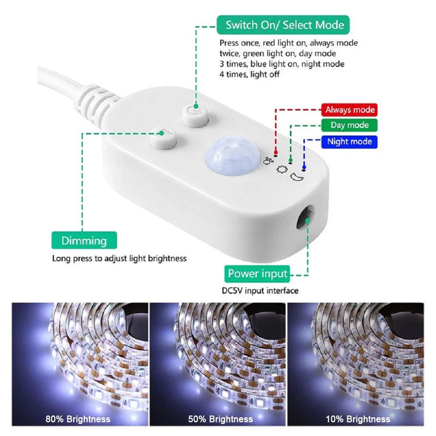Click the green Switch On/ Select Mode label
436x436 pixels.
click(283, 25)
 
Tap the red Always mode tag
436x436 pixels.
click(350, 110)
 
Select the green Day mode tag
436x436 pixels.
click(350, 125)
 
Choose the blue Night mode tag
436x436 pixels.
click(350, 142)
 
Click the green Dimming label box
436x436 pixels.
click(84, 241)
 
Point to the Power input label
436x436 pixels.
click(257, 274)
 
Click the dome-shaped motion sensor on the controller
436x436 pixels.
click(232, 156)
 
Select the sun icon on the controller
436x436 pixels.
click(282, 169)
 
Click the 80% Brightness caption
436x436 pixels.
click(78, 419)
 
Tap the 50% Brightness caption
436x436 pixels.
click(221, 419)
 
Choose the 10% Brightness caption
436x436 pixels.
click(358, 419)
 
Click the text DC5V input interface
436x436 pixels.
click(260, 291)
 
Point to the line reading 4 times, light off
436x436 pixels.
click(249, 75)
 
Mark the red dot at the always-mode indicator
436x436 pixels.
click(276, 152)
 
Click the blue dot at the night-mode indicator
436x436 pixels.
click(304, 167)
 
